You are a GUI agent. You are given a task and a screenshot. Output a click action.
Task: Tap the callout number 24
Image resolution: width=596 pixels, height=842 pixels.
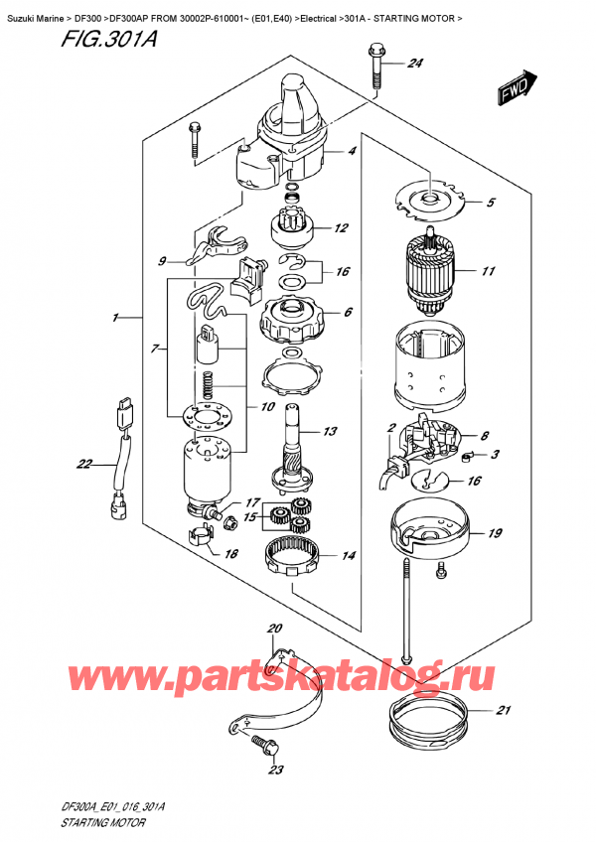pyautogui.click(x=415, y=65)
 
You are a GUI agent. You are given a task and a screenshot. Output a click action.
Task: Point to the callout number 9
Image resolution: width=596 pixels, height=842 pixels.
pyautogui.click(x=163, y=262)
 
